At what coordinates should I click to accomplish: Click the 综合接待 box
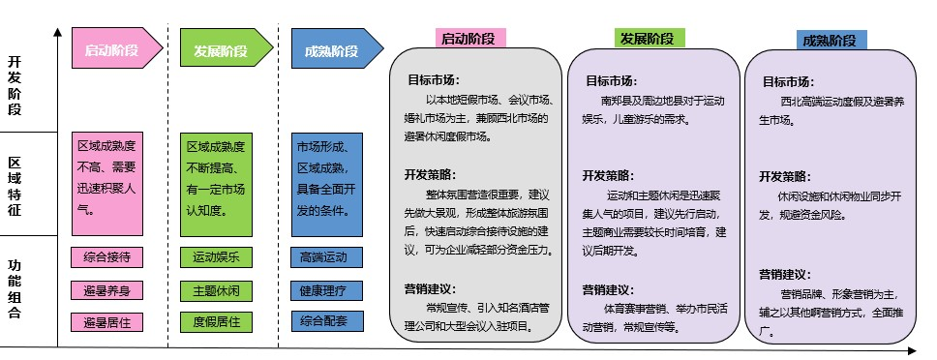[x=107, y=257]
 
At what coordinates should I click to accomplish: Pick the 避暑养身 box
[x=107, y=290]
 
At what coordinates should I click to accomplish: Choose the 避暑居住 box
[x=107, y=322]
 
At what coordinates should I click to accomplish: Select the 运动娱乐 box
[x=216, y=257]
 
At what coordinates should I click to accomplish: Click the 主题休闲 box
[x=216, y=290]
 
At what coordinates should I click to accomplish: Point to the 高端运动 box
[x=324, y=257]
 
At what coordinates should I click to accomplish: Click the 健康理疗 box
[x=324, y=290]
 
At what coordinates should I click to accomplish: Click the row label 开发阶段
[x=15, y=86]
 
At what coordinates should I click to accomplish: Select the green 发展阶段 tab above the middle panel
[x=648, y=39]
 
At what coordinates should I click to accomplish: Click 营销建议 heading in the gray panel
[x=431, y=288]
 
